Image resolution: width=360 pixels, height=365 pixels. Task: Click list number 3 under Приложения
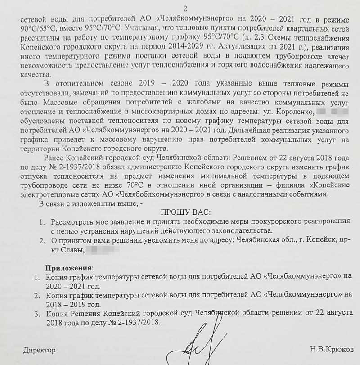coord(37,314)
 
